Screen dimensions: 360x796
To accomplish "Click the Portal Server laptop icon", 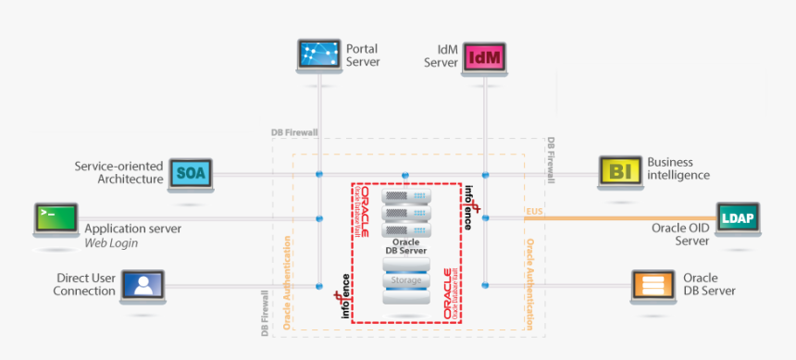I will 319,56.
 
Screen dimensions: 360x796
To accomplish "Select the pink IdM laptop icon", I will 486,58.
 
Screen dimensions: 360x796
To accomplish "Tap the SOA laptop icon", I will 191,173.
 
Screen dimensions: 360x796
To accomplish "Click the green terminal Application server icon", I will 56,219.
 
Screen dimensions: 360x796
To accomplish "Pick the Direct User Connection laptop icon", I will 142,286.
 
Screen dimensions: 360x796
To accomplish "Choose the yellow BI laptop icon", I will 620,171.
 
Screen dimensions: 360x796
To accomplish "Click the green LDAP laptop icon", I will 738,219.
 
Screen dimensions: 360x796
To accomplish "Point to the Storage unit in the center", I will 406,279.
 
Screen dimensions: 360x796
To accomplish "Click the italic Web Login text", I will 111,243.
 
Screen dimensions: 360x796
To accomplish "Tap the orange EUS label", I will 534,213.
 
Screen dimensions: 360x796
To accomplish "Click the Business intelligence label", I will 678,168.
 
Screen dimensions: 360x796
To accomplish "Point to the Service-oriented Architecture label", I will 118,173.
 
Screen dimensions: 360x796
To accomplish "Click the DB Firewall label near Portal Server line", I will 294,133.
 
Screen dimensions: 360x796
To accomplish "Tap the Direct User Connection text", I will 85,284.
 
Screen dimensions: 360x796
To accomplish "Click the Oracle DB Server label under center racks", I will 406,246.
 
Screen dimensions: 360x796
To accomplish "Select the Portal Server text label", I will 363,56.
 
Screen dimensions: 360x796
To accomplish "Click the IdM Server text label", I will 442,56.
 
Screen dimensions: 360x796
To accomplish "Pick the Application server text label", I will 132,229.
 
